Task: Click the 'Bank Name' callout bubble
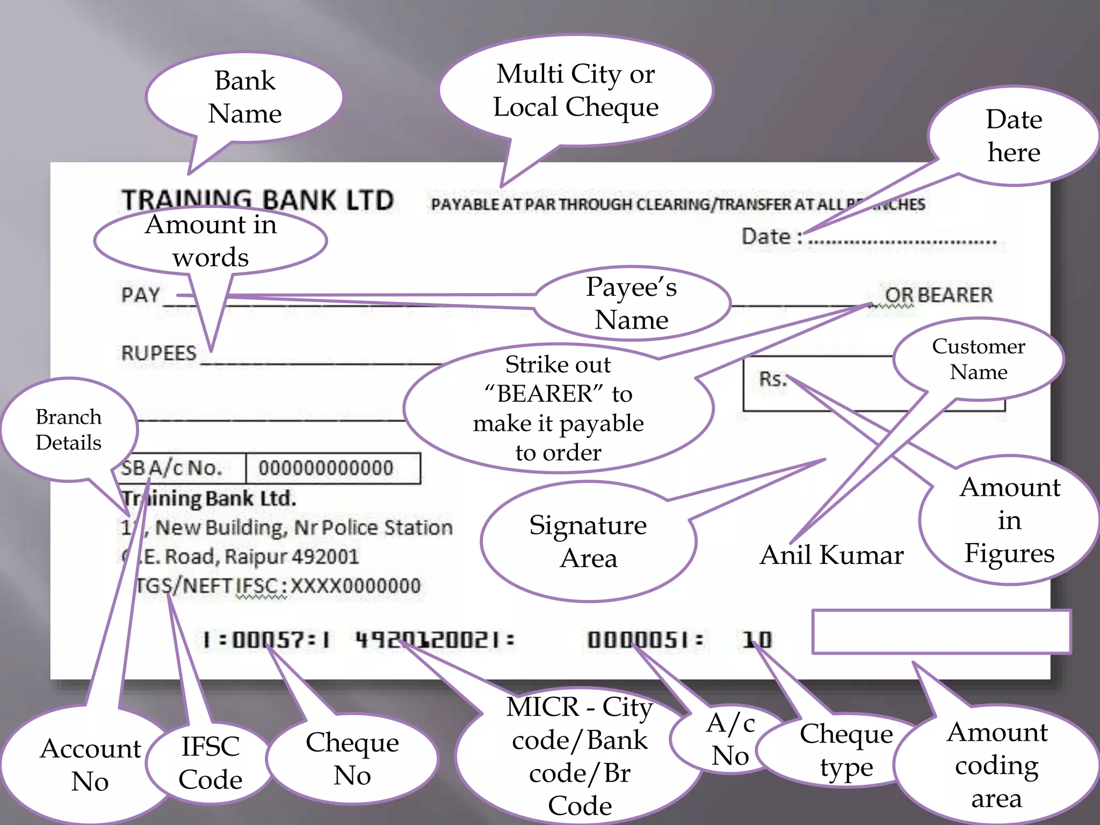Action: point(244,97)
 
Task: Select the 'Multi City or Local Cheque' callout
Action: point(576,90)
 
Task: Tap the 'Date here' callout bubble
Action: point(1014,136)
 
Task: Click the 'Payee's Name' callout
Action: point(632,303)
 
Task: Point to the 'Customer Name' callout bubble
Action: point(978,359)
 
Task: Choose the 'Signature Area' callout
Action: point(588,541)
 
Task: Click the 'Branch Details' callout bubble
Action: point(68,429)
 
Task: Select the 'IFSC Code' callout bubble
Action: point(210,763)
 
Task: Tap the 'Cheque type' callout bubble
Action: point(846,750)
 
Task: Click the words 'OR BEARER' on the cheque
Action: point(938,295)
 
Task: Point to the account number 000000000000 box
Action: point(327,468)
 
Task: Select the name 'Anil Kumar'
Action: point(831,555)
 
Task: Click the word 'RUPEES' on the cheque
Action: point(159,353)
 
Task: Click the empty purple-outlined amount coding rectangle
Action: point(941,632)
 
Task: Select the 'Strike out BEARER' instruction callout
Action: point(558,408)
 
